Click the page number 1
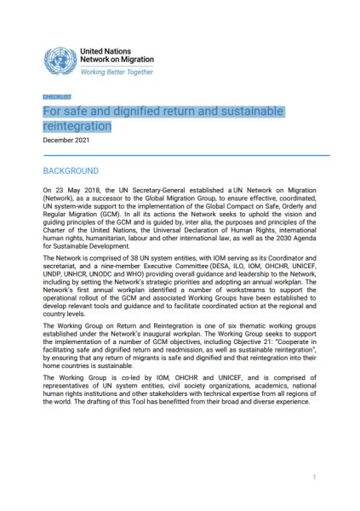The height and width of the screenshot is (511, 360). pos(314,478)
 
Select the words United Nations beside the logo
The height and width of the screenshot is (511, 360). pos(106,51)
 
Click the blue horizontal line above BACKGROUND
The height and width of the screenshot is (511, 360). pos(179,155)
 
